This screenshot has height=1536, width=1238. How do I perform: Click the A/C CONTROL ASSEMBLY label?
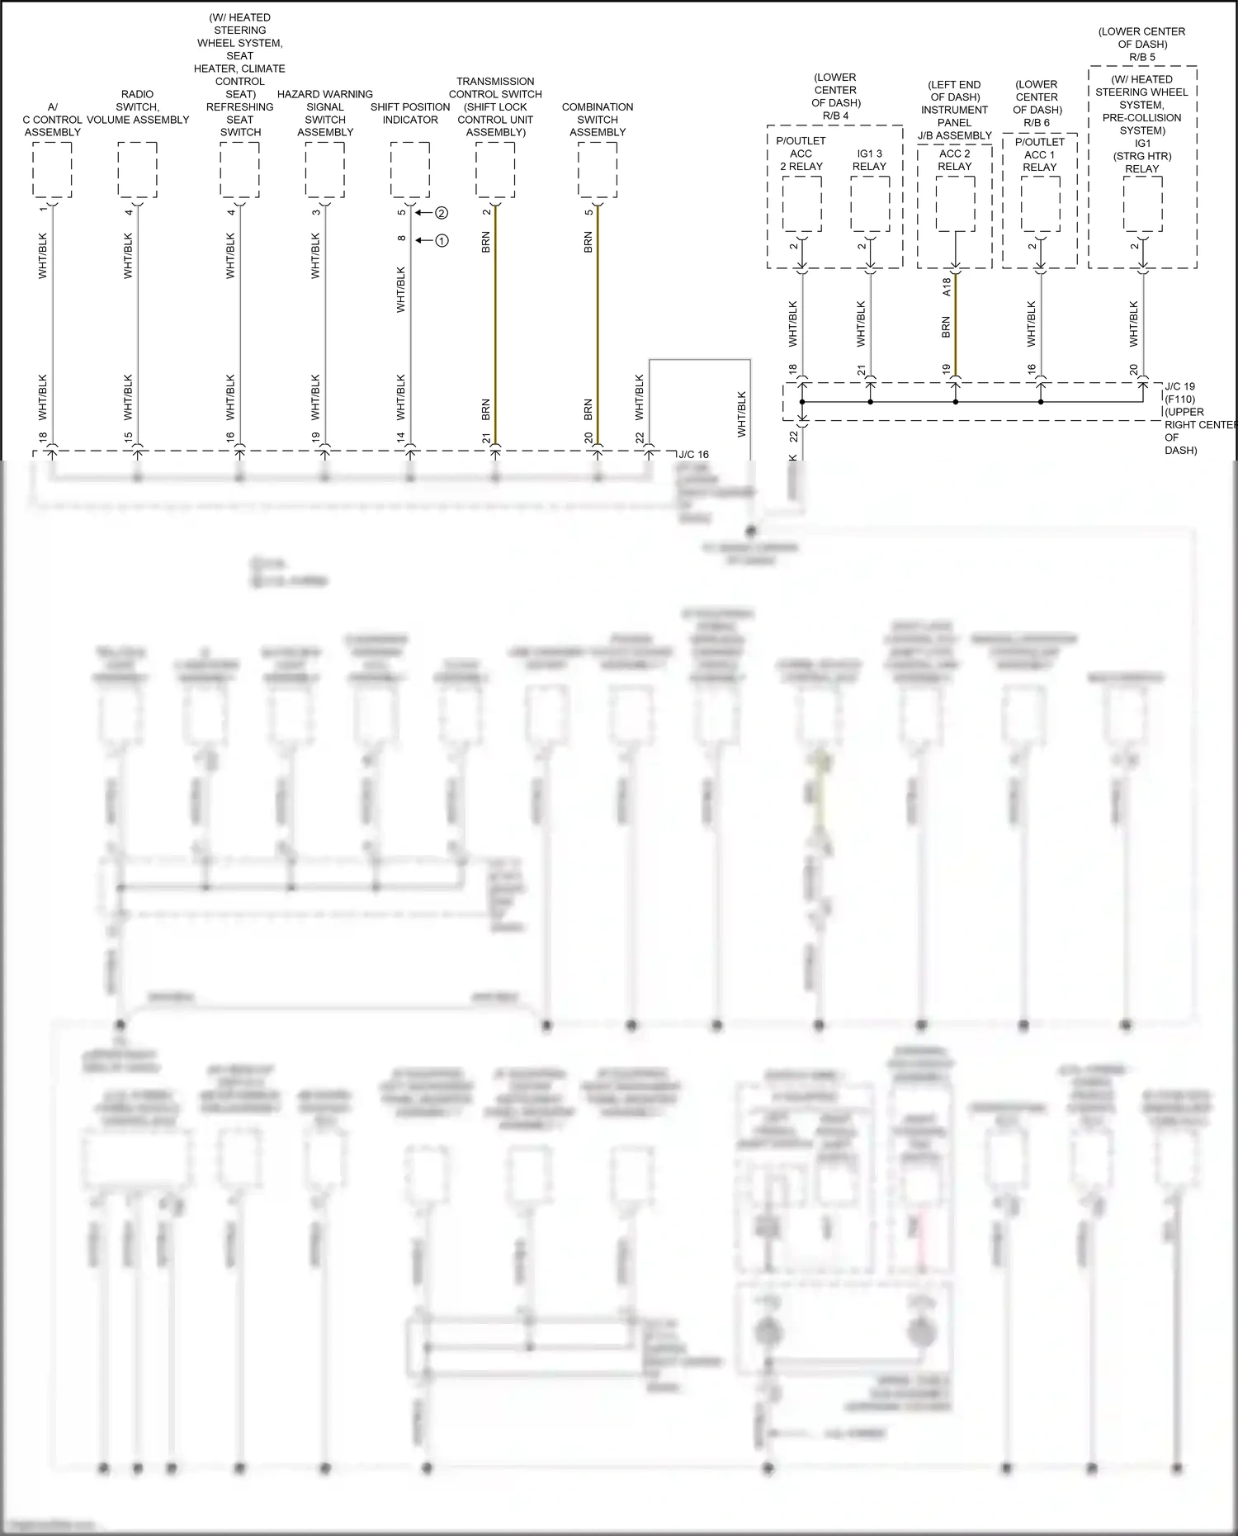tap(52, 120)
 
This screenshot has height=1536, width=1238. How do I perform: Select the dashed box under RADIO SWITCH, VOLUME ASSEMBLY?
tap(137, 169)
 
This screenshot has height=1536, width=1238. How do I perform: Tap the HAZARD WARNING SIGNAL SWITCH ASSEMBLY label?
tap(325, 113)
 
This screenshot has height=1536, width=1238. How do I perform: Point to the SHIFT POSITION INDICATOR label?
tap(410, 113)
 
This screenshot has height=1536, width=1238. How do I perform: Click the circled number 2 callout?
tap(442, 213)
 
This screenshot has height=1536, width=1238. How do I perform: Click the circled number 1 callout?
tap(442, 241)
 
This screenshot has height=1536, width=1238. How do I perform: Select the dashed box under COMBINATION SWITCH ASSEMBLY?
tap(598, 169)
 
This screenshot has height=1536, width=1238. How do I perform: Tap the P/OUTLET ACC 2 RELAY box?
tap(801, 204)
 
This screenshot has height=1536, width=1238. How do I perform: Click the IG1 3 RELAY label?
tap(869, 159)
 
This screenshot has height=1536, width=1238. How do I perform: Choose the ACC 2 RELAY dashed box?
tap(955, 204)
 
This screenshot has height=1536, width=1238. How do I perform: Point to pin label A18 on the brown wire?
tap(947, 286)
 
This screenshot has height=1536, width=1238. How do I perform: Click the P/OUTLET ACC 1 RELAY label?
tap(1040, 154)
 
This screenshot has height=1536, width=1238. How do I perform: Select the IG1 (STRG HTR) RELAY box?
tap(1142, 204)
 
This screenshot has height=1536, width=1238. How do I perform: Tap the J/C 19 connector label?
tap(1179, 386)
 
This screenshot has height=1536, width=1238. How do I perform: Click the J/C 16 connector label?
tap(693, 455)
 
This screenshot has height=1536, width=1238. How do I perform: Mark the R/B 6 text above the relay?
tap(1037, 122)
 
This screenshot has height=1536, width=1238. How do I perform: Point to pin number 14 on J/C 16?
tap(401, 437)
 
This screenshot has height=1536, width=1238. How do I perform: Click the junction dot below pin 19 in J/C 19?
tap(956, 402)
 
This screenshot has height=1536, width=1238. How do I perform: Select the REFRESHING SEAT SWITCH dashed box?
tap(239, 169)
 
